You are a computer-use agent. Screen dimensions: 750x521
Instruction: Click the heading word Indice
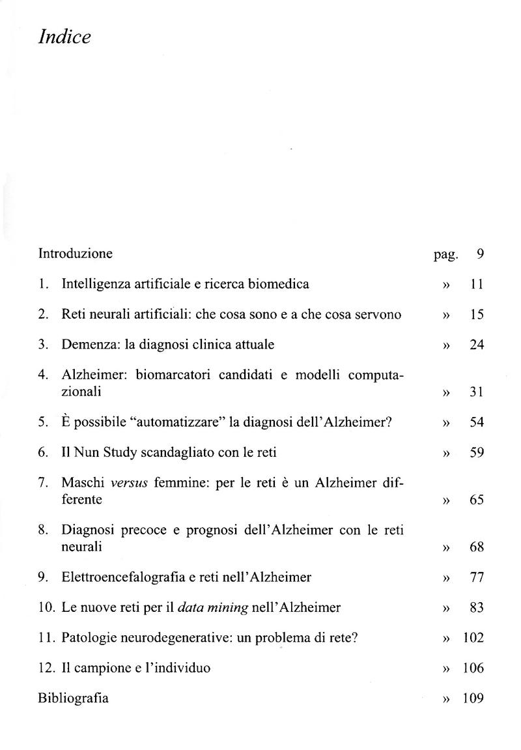[64, 38]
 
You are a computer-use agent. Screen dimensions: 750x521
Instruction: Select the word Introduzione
[76, 253]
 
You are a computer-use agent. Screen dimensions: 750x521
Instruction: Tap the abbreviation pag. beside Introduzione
[446, 255]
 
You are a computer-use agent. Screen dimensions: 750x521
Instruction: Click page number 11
[477, 284]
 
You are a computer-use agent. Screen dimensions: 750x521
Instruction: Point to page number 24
[477, 345]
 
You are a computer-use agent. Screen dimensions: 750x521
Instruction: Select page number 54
[477, 422]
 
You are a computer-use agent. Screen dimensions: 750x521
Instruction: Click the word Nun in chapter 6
[86, 452]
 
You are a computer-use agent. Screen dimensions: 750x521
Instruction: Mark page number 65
[477, 500]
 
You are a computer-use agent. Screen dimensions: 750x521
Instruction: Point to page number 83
[477, 608]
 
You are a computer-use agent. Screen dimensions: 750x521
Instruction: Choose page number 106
[473, 668]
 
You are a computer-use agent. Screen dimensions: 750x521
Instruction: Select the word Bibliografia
[74, 699]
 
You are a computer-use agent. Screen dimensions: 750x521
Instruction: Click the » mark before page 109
[446, 699]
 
